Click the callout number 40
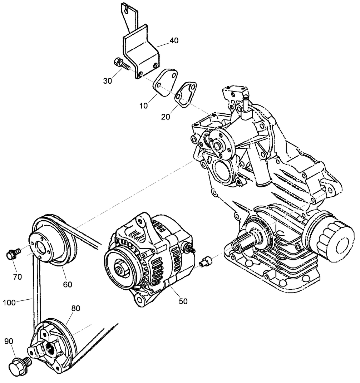[174, 41]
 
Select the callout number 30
[108, 81]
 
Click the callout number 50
[183, 301]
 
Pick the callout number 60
[68, 284]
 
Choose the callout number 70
[18, 276]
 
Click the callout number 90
[9, 342]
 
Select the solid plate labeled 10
[165, 82]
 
